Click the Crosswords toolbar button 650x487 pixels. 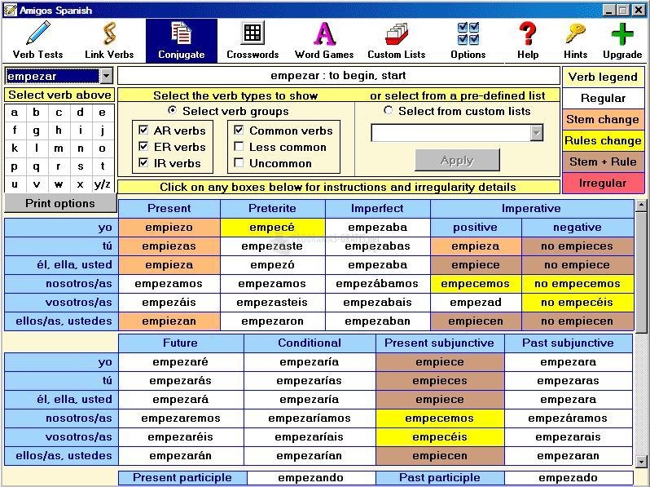pos(253,40)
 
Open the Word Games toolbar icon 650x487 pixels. pos(324,40)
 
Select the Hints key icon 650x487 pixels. pos(575,40)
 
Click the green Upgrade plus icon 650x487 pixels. pos(622,40)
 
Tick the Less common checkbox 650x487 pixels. pos(239,147)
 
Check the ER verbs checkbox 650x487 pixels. pos(143,147)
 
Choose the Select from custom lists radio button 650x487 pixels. pos(388,111)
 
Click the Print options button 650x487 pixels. pos(60,204)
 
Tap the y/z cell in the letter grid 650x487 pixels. pos(103,184)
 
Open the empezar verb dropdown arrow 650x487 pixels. pos(106,76)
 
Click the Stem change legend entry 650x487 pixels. pos(603,119)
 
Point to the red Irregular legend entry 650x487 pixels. pos(603,183)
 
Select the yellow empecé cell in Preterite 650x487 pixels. pos(272,228)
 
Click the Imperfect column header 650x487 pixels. pos(377,209)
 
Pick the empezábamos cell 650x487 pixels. pos(377,284)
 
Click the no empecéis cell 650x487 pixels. pos(577,303)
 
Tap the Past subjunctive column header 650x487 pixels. pos(569,343)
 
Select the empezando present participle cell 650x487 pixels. pos(310,478)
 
